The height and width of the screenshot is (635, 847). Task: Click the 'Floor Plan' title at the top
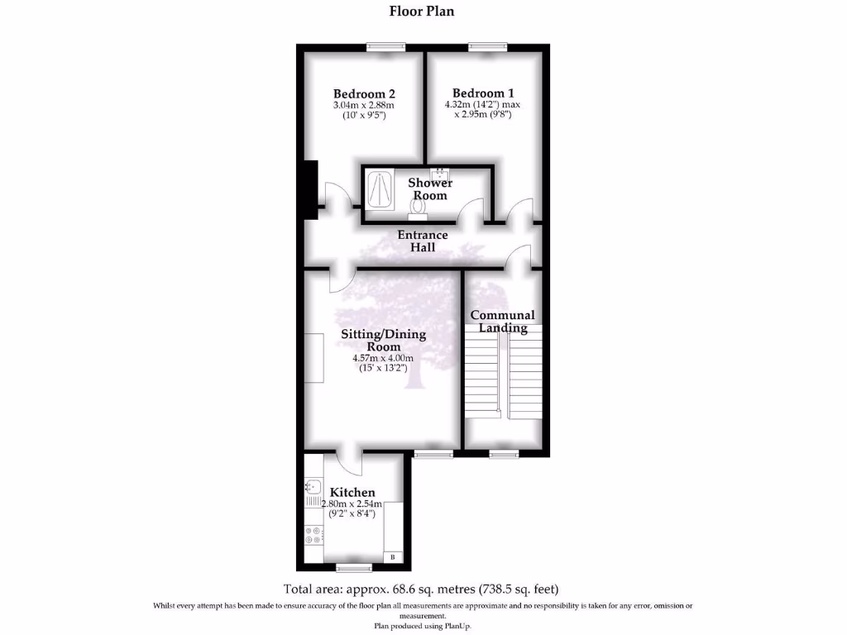click(422, 12)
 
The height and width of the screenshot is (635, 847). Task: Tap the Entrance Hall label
click(423, 241)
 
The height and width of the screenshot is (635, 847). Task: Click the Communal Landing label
click(503, 321)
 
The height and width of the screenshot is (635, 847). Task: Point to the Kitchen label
click(352, 492)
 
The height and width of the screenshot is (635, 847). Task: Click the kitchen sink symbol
click(314, 487)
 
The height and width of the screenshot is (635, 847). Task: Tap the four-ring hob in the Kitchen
click(314, 535)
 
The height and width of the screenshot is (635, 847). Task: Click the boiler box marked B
click(393, 558)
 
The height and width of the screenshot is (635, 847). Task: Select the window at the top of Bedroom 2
click(386, 47)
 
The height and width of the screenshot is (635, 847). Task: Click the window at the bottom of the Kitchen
click(353, 567)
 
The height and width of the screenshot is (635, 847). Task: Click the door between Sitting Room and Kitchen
click(350, 462)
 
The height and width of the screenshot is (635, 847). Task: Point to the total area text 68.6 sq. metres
click(422, 590)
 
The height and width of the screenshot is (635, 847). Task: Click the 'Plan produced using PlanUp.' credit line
click(422, 626)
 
